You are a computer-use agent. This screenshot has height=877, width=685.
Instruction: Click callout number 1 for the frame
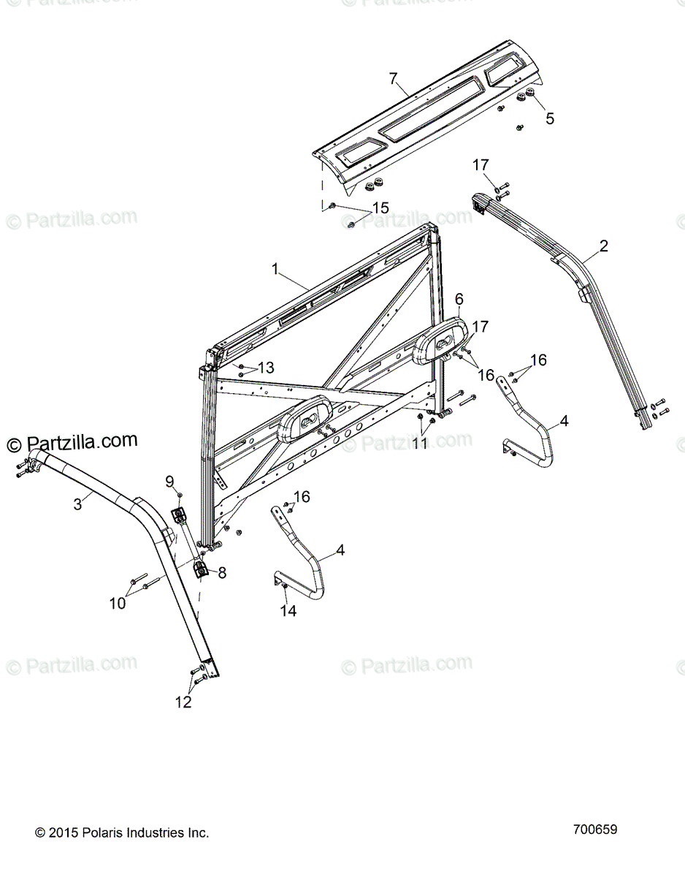click(x=275, y=269)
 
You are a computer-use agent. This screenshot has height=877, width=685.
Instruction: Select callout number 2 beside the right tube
click(x=603, y=246)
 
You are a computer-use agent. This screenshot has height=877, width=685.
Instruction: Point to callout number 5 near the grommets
click(x=549, y=117)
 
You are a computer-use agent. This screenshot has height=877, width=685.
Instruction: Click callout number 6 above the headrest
click(x=459, y=299)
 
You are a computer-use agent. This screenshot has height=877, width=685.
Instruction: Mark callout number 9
click(x=169, y=480)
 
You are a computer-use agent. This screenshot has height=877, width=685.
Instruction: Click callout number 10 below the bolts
click(x=118, y=603)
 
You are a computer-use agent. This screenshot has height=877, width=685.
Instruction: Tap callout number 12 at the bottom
click(x=183, y=702)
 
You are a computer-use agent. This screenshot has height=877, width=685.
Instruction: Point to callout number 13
click(x=266, y=368)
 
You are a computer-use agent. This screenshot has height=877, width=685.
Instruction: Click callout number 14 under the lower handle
click(x=289, y=610)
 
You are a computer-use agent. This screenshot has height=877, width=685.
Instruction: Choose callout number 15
click(x=380, y=208)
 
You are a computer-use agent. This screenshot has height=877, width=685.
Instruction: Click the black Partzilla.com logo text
click(x=80, y=441)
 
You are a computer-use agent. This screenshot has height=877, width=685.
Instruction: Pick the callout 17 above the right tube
click(x=500, y=165)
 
